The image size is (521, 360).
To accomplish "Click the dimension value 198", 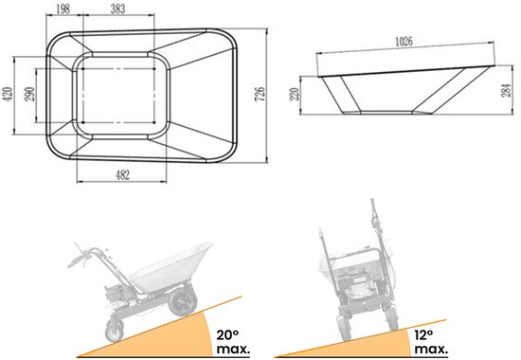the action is click(63, 9).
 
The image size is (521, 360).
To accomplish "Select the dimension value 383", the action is click(118, 9).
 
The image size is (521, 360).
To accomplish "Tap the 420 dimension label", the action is click(7, 95).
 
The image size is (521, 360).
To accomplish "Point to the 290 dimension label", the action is click(29, 95).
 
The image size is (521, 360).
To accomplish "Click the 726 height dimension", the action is click(260, 94).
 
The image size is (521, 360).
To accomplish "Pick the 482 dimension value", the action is click(122, 175).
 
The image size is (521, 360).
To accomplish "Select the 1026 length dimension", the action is click(404, 42).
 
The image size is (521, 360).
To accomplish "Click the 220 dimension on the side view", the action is click(295, 95).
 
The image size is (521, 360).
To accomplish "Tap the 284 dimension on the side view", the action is click(506, 90).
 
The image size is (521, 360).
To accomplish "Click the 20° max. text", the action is click(233, 342).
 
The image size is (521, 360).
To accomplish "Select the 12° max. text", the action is click(431, 342).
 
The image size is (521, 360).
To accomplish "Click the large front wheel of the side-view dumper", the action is click(183, 302).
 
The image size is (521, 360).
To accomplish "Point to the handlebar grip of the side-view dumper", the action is click(76, 261).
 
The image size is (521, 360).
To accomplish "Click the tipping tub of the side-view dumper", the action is click(171, 269).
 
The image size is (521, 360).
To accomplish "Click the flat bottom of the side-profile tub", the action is click(387, 113).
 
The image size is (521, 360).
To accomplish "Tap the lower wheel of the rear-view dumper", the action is click(343, 328).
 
